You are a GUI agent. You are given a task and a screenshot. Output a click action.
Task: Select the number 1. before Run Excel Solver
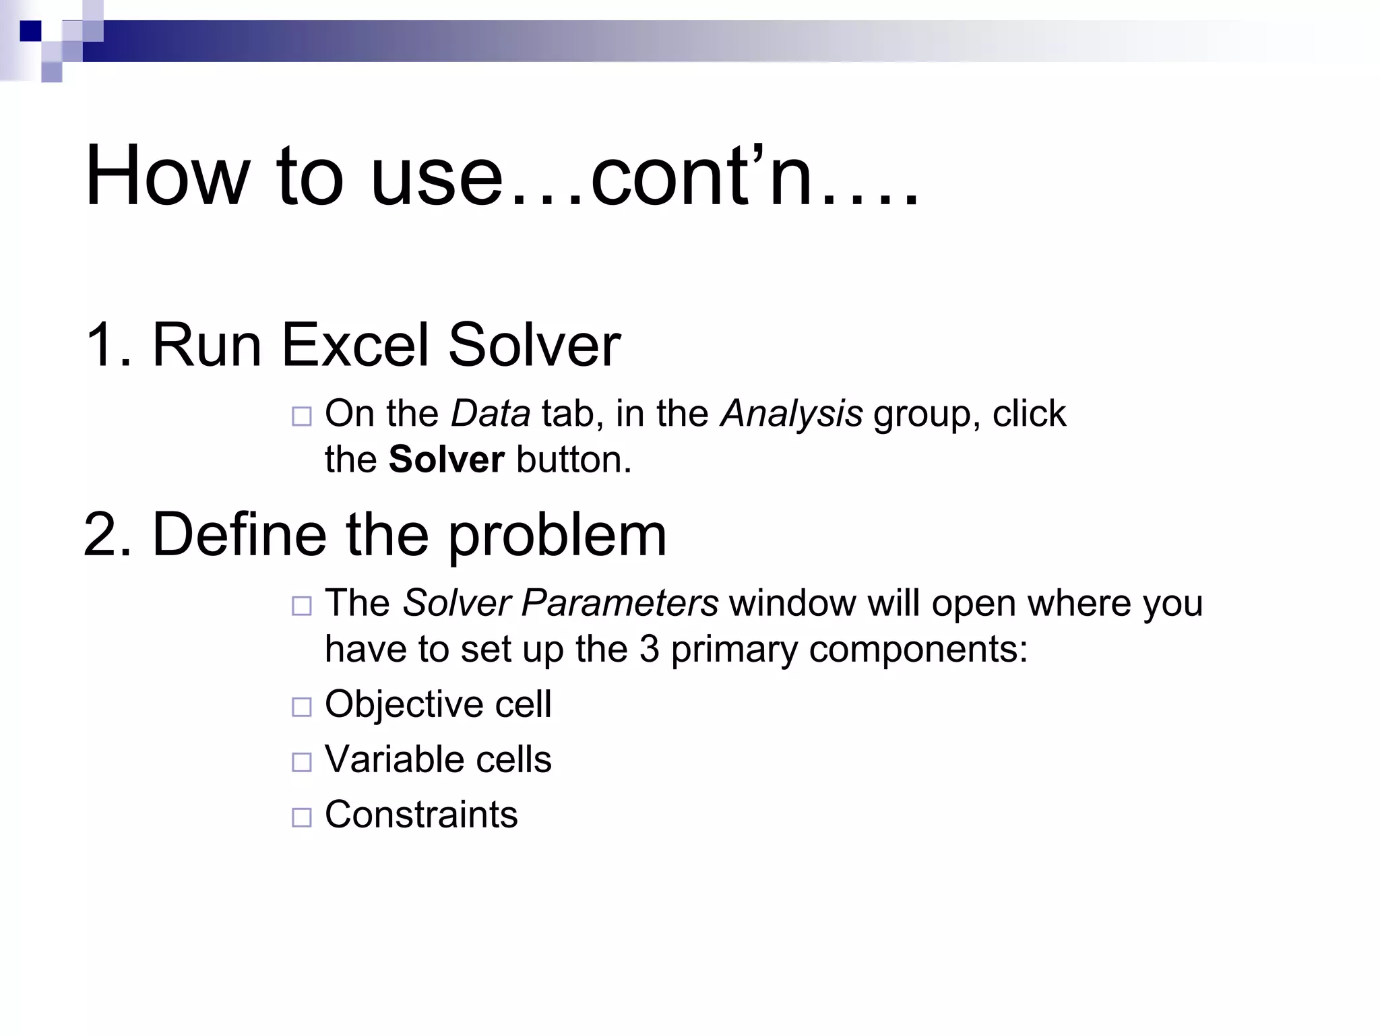(108, 345)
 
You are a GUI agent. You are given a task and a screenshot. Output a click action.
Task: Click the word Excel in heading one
(354, 345)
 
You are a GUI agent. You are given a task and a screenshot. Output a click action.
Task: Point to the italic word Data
(490, 414)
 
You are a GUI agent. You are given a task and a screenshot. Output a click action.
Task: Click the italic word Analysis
(791, 414)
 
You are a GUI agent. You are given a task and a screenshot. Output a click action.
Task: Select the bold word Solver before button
(446, 460)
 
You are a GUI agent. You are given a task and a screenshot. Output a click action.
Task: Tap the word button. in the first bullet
(573, 460)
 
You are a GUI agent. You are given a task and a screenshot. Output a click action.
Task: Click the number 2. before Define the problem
(108, 534)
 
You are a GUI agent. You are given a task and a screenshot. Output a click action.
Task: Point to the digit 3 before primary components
(649, 650)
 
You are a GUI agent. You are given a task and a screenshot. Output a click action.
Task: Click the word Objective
(404, 705)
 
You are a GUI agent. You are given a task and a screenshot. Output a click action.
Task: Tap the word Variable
(394, 759)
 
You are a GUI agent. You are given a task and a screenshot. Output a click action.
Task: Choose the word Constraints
(421, 815)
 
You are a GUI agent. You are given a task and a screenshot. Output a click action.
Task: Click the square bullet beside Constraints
(301, 818)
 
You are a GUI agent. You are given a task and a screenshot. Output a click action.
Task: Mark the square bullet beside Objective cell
(301, 708)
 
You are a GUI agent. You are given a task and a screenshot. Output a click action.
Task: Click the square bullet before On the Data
(301, 416)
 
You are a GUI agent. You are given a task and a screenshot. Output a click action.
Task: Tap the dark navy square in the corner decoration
(30, 31)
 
